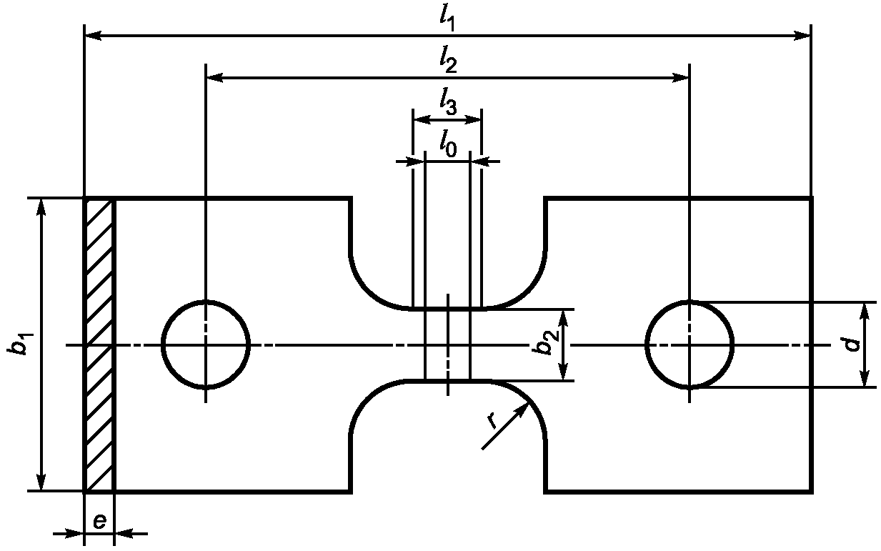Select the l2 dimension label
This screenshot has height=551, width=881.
(x=449, y=61)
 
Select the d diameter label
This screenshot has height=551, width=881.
(x=852, y=344)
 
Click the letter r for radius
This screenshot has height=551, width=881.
(x=492, y=420)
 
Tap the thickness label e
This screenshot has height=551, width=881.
(x=99, y=522)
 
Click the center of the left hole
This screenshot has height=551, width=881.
(x=206, y=345)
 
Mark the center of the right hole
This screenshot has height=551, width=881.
(x=690, y=345)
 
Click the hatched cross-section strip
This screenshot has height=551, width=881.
(x=99, y=345)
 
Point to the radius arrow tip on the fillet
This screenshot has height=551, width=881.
(x=527, y=404)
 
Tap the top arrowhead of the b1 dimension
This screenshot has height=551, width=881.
(x=41, y=207)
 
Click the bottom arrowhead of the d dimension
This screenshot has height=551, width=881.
(x=864, y=378)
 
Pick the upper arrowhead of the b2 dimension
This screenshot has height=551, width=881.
(x=564, y=319)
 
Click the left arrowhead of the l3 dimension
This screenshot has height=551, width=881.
(x=422, y=119)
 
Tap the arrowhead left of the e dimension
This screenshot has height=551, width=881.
(x=75, y=534)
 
